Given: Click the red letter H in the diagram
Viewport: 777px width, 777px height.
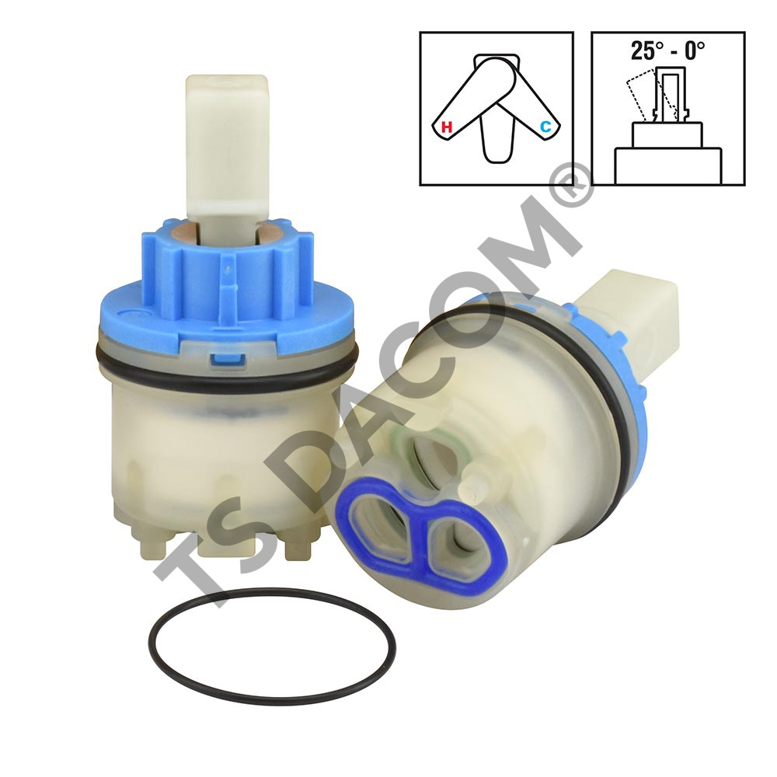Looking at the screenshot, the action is coord(447,127).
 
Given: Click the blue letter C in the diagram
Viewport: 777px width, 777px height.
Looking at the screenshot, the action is coord(545,127).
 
